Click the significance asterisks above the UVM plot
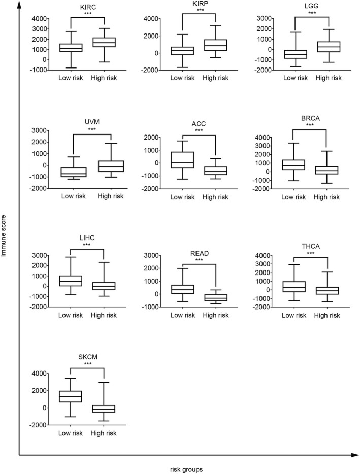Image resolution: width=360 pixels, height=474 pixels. (92, 129)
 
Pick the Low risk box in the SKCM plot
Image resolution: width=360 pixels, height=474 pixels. (71, 396)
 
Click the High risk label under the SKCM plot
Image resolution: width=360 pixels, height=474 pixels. (103, 433)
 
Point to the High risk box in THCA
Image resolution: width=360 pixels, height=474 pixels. (328, 290)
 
